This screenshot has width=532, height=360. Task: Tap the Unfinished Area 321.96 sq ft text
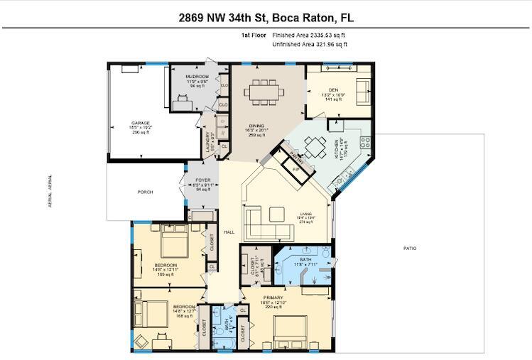[x=310, y=45]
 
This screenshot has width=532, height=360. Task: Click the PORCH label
[x=146, y=192]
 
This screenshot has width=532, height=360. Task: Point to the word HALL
[x=229, y=232]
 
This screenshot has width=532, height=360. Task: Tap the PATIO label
[x=411, y=249]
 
